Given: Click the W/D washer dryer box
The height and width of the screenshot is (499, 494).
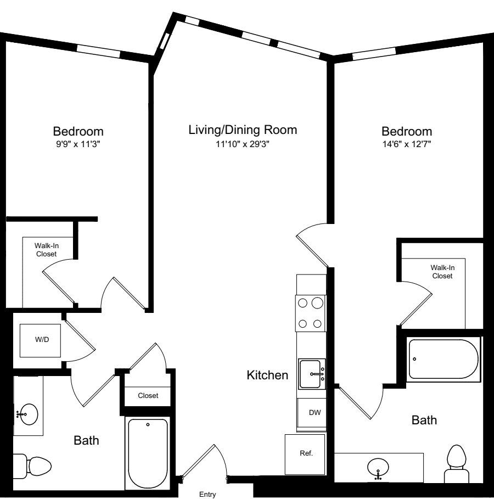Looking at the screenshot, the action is [40, 340].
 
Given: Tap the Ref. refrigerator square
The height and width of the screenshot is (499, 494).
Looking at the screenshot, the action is [305, 454].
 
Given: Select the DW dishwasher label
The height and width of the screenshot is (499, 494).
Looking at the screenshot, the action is [315, 412].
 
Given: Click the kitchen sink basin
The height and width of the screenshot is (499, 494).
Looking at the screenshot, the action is [310, 374].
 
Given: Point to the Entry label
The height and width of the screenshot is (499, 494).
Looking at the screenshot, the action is [207, 494].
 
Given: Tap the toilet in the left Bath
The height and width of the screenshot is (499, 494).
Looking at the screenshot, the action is [32, 466].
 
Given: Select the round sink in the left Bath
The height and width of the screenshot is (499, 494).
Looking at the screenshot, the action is [28, 414].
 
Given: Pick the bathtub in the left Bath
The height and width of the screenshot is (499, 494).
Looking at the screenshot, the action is [148, 453].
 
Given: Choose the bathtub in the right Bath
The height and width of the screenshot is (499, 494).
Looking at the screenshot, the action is [444, 359].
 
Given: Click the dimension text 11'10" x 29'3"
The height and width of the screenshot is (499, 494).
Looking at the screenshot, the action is [243, 144].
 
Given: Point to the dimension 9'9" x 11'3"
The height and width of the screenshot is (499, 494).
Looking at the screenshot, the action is [78, 144].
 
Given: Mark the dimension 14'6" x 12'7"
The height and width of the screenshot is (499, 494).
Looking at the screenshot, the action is [407, 144].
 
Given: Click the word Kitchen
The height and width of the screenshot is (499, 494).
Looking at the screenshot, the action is [267, 375].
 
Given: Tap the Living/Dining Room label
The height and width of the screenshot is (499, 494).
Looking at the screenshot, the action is [243, 130].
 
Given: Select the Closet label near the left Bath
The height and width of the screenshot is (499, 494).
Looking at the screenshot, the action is [148, 396].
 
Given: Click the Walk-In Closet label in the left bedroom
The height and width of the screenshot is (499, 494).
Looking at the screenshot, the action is [47, 250].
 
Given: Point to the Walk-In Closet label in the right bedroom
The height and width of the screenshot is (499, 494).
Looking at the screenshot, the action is [442, 272].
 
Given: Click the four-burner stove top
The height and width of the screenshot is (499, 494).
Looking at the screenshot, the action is [310, 313].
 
